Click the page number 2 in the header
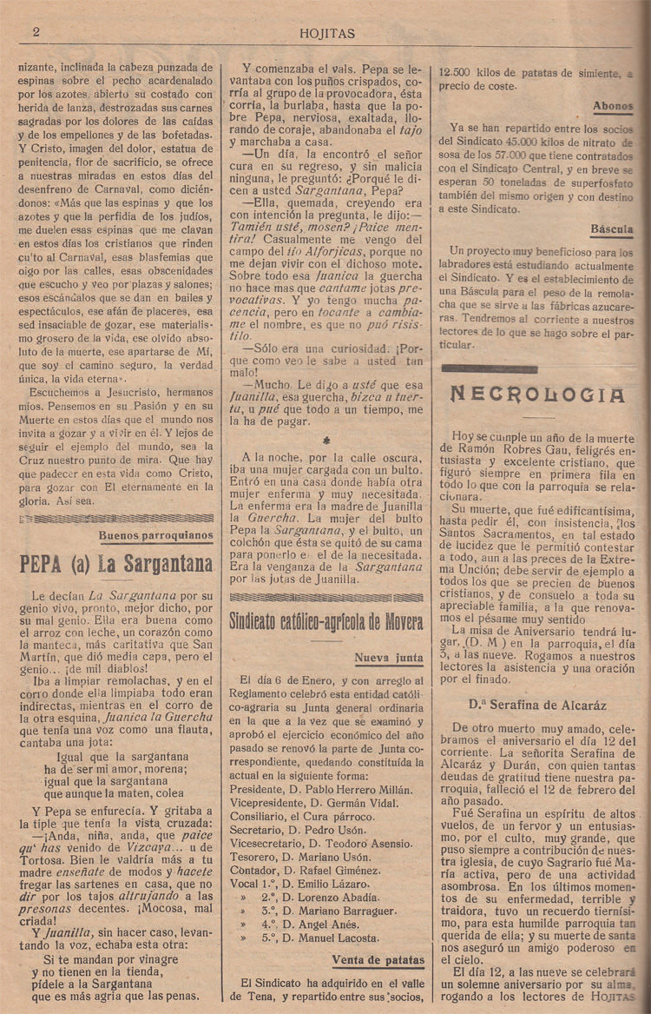[36, 32]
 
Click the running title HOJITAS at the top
[326, 34]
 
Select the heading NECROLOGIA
[537, 394]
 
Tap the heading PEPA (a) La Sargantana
[115, 564]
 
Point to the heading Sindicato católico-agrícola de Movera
[326, 622]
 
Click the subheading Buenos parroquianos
[155, 535]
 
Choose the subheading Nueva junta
[390, 658]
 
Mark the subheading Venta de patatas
[378, 959]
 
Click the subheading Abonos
[613, 106]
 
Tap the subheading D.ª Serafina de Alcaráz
[537, 705]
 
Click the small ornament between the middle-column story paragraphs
[325, 440]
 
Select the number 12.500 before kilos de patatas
[461, 73]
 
